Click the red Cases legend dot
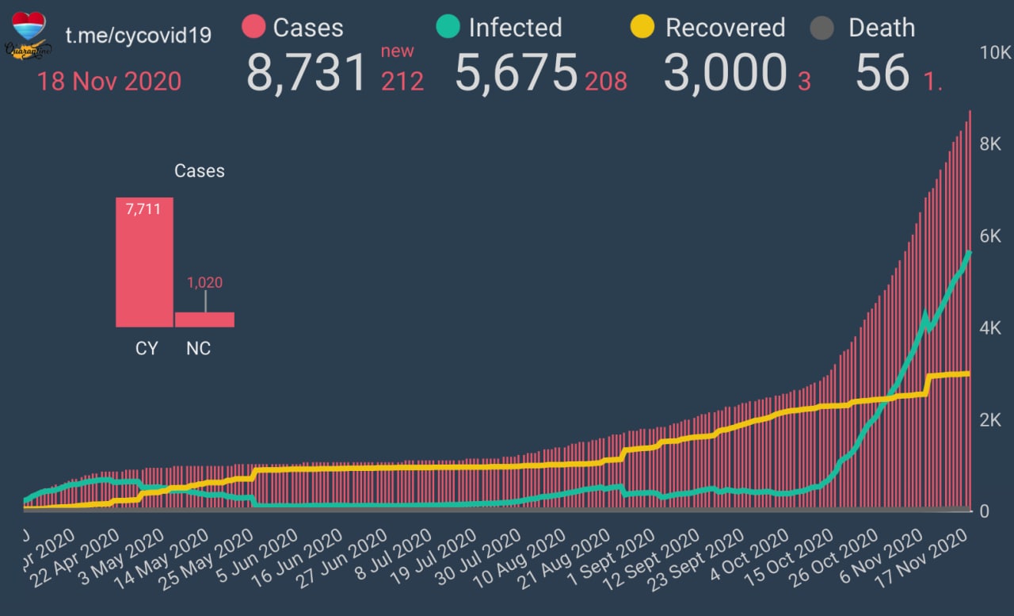(253, 28)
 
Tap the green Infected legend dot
(448, 28)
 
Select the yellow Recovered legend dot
(642, 28)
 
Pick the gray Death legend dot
(823, 29)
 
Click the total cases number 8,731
(307, 73)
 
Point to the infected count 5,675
(516, 73)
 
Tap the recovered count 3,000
(724, 73)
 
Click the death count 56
(882, 73)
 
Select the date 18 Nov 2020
(109, 81)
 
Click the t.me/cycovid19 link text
(138, 36)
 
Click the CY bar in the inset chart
(144, 262)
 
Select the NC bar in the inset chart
(204, 319)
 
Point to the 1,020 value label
(204, 282)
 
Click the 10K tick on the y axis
(995, 53)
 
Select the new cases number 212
(402, 81)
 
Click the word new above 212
(398, 52)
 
